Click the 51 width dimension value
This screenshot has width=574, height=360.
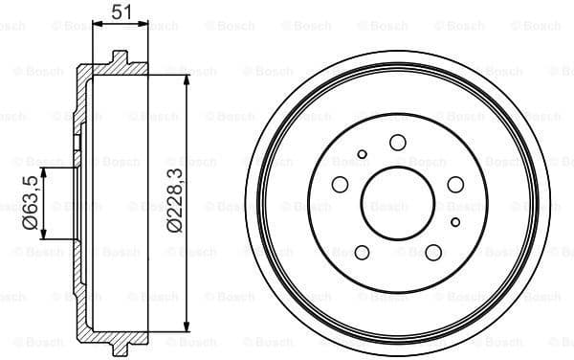(x=121, y=12)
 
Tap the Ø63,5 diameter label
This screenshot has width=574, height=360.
(x=31, y=204)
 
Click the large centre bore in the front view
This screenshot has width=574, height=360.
(x=398, y=203)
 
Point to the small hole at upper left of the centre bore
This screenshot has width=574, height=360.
(x=362, y=154)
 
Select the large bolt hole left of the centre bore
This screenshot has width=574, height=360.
(x=339, y=186)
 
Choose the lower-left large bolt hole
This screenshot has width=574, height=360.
(x=362, y=253)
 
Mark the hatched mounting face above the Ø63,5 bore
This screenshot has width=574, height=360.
(x=77, y=144)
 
